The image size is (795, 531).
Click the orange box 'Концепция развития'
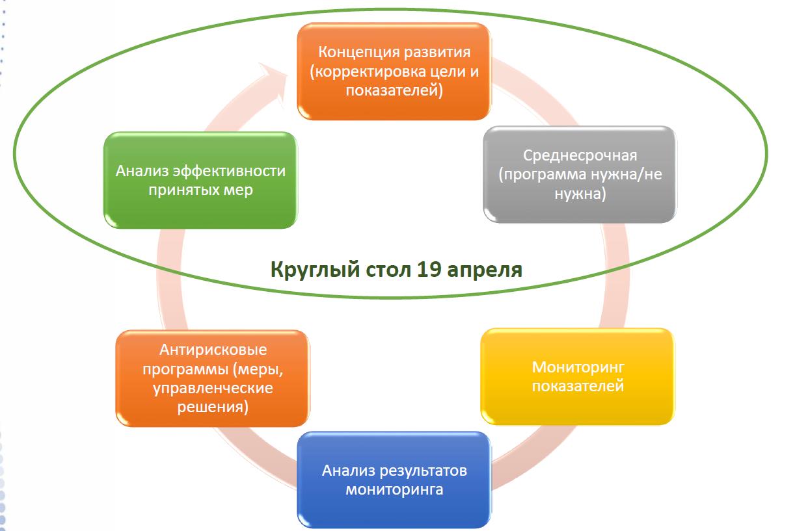click(394, 71)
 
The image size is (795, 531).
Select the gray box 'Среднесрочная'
click(580, 174)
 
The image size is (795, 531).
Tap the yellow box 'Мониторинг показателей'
click(578, 376)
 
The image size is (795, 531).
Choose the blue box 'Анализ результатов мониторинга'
click(394, 480)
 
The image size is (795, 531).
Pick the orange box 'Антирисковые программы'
click(213, 378)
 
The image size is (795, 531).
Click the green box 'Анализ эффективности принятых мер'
click(200, 180)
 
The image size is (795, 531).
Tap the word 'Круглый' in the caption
click(316, 270)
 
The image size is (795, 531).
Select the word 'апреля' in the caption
click(485, 271)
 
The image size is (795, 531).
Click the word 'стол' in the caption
click(388, 270)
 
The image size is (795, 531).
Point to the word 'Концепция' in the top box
click(358, 53)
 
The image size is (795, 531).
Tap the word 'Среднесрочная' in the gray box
click(580, 155)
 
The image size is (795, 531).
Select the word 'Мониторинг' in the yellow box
click(578, 368)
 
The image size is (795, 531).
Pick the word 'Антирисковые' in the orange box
click(213, 350)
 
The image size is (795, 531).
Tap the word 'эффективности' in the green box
click(229, 171)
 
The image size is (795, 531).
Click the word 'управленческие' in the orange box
click(213, 388)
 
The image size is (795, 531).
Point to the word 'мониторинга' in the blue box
click(394, 490)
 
